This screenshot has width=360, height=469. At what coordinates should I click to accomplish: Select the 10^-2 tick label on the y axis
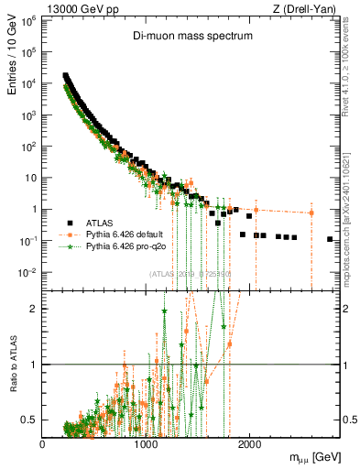27,272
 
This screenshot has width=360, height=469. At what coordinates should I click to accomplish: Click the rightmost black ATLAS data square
330,239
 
